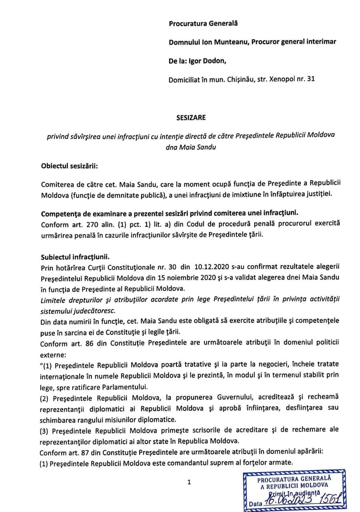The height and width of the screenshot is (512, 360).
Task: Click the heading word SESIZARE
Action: [x=189, y=118]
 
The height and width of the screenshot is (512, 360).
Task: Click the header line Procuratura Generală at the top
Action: [x=203, y=24]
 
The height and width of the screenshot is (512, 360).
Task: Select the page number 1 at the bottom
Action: [x=189, y=482]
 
